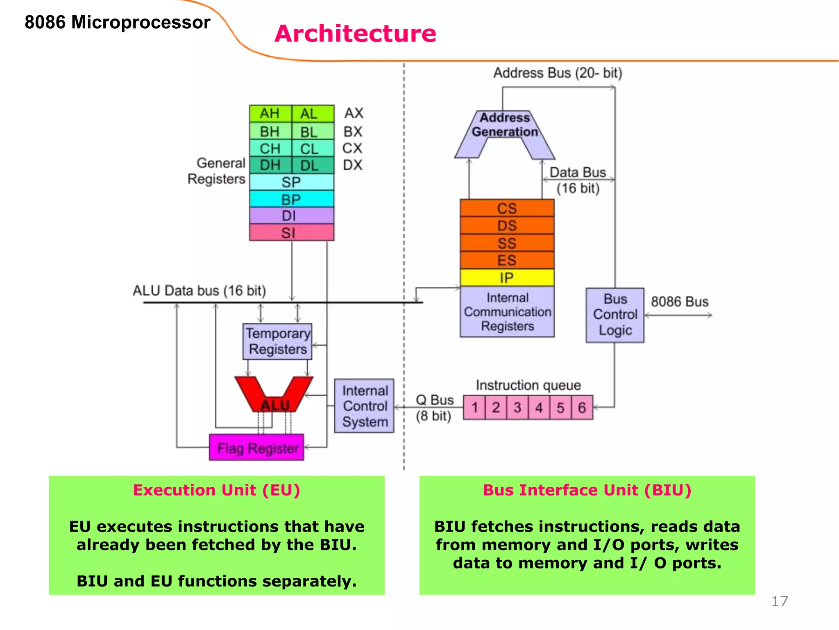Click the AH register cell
[270, 114]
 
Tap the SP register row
[291, 182]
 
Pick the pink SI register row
[291, 233]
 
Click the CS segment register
[507, 208]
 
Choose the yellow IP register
[507, 278]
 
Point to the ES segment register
[507, 260]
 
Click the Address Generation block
[505, 125]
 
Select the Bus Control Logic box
[615, 315]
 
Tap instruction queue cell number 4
[539, 407]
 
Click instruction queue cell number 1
[474, 407]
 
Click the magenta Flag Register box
[256, 447]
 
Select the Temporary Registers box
[277, 341]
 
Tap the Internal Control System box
[364, 406]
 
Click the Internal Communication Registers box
[507, 312]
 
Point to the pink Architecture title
[355, 33]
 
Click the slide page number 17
[779, 601]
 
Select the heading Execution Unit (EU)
[216, 490]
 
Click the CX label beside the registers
[352, 148]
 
